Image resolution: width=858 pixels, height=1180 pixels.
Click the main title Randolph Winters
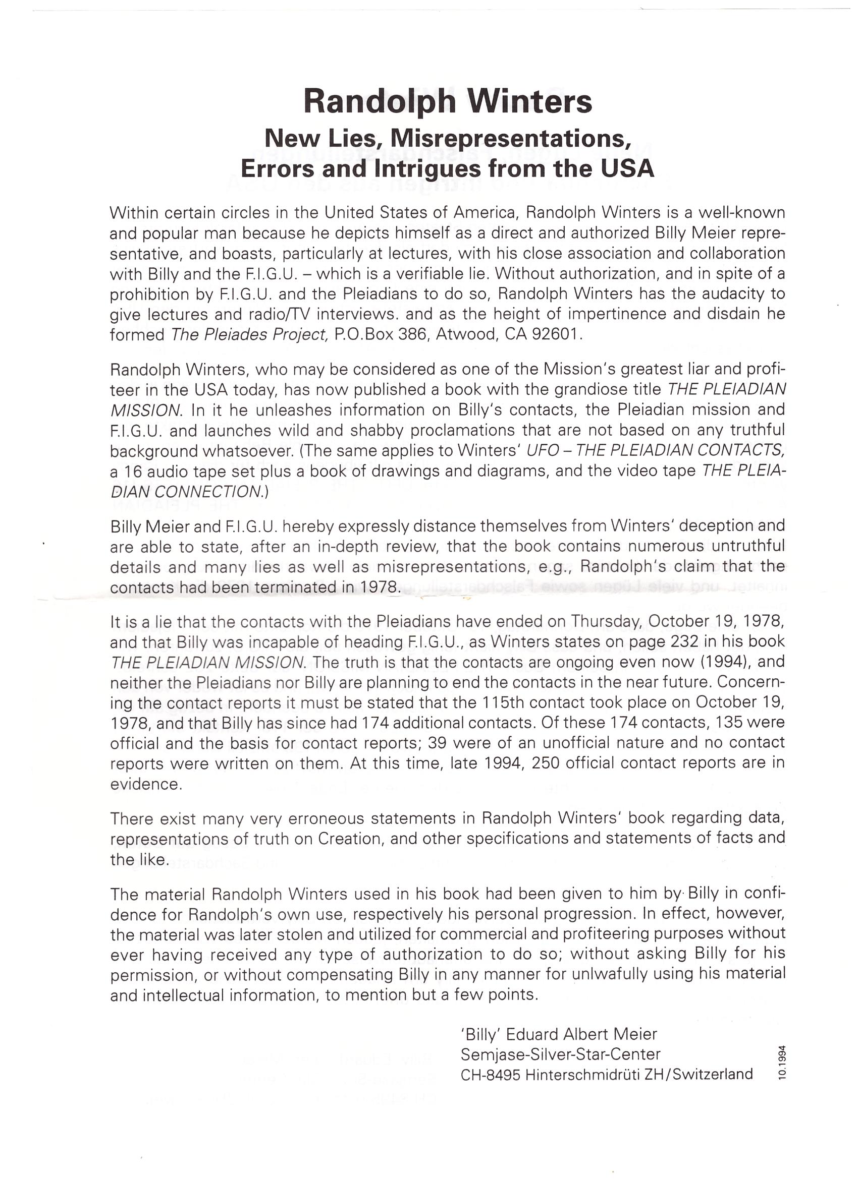(x=448, y=101)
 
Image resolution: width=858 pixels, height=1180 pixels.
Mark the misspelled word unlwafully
(x=611, y=973)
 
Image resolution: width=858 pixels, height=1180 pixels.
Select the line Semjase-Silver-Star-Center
(x=560, y=1054)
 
